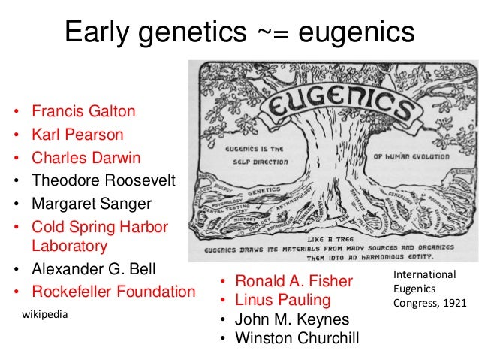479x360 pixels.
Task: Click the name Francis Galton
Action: click(x=83, y=112)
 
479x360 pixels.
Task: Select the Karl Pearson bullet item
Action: click(x=77, y=135)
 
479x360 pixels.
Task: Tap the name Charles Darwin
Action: click(x=86, y=158)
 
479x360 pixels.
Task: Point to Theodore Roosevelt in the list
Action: click(x=104, y=180)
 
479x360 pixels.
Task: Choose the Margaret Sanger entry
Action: click(x=91, y=204)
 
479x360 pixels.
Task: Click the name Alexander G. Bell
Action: click(x=93, y=268)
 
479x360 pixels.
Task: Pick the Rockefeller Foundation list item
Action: click(x=113, y=291)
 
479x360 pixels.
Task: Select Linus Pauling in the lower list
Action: click(x=283, y=301)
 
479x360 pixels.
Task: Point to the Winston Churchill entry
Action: click(x=297, y=338)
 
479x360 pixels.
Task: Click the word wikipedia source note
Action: click(x=44, y=314)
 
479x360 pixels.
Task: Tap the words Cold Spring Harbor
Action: click(x=100, y=227)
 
